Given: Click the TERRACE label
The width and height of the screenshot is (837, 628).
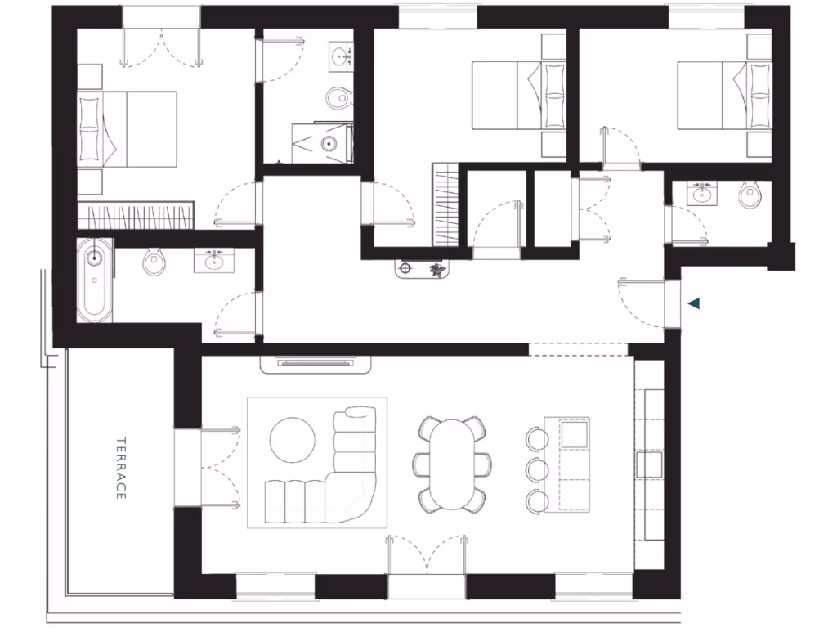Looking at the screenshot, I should click(120, 468).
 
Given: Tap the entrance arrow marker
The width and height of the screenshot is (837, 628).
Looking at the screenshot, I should click(694, 304).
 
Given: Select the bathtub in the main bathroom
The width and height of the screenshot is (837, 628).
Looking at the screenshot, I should click(96, 280).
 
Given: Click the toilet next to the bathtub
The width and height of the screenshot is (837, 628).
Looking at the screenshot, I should click(153, 262).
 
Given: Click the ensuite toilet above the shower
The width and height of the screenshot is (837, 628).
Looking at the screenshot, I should click(336, 99).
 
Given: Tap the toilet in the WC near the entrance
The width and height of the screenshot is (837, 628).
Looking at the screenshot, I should click(750, 195).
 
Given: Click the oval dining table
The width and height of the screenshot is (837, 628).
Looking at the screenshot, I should click(452, 464).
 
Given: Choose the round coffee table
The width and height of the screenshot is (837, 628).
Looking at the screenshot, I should click(292, 440).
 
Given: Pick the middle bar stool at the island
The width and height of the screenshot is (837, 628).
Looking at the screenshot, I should click(537, 469).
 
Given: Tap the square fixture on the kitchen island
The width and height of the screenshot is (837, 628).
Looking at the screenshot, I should click(573, 433).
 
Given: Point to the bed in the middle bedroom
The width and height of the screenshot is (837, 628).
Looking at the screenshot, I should click(518, 96).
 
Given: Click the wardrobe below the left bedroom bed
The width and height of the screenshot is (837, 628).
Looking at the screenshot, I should click(136, 218).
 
